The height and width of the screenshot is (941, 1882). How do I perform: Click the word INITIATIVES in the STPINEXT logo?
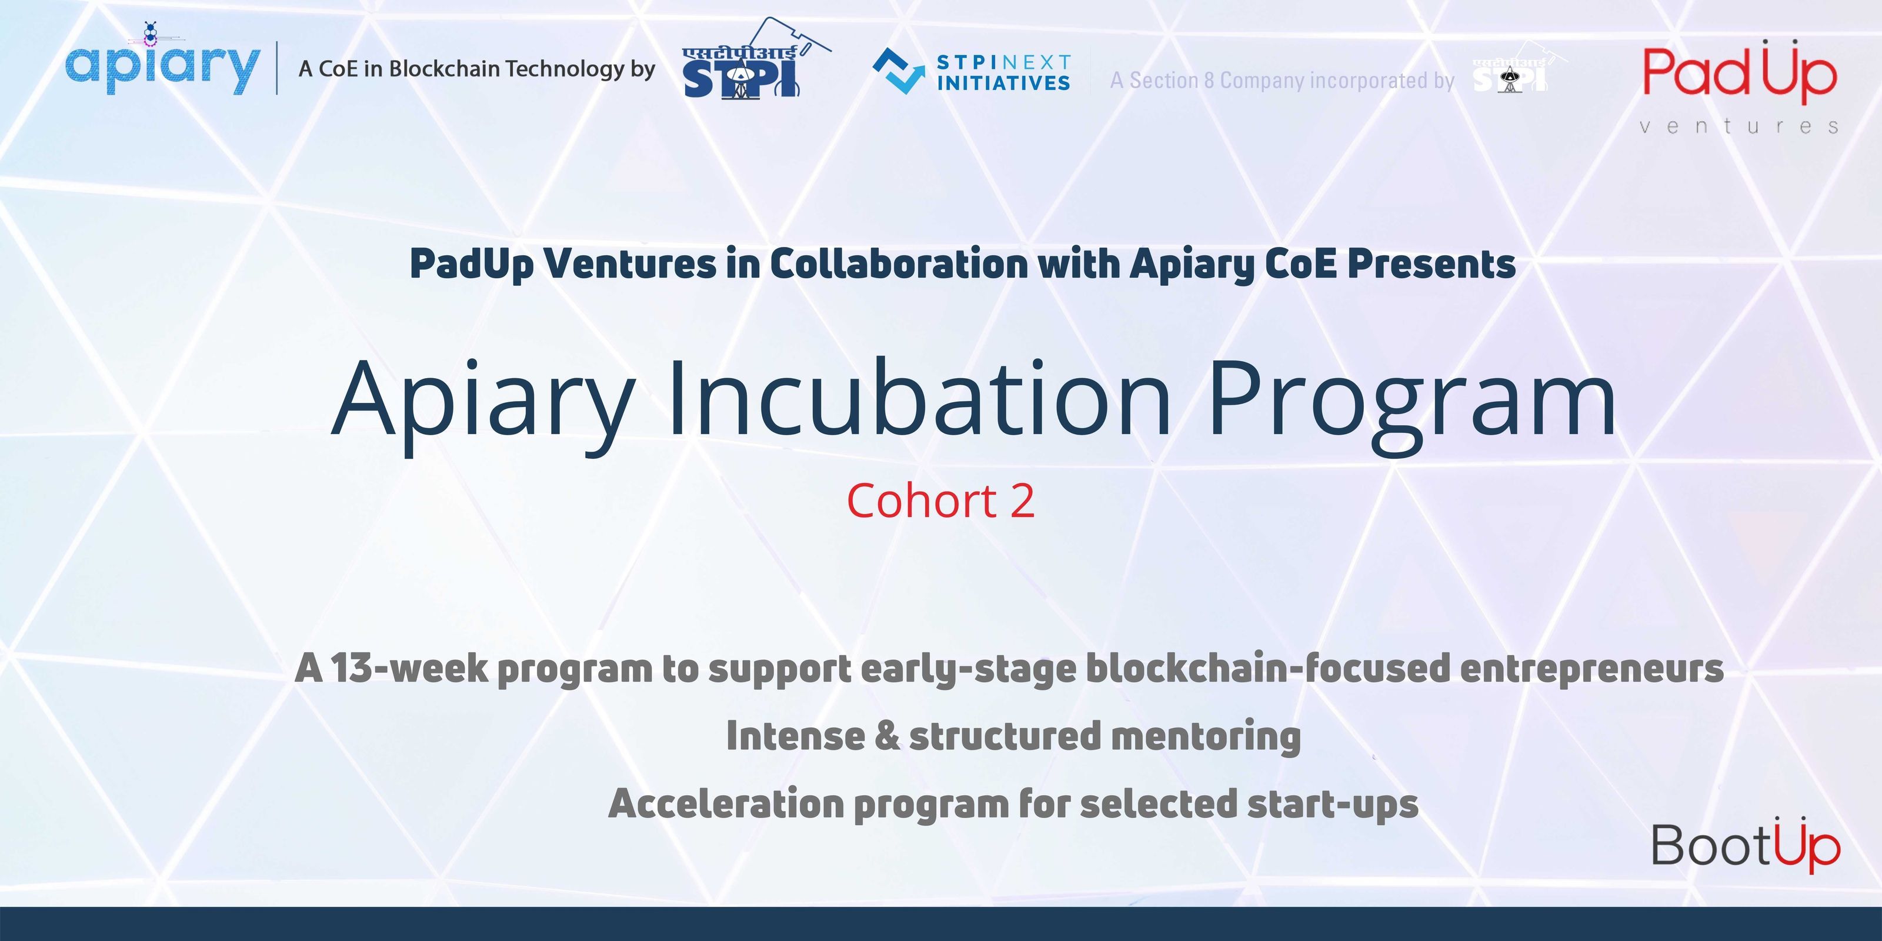[1003, 84]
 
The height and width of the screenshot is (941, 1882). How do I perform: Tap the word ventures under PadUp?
[1739, 127]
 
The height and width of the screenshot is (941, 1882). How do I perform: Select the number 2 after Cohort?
[1022, 501]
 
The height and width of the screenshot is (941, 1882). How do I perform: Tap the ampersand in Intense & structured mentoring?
[886, 736]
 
